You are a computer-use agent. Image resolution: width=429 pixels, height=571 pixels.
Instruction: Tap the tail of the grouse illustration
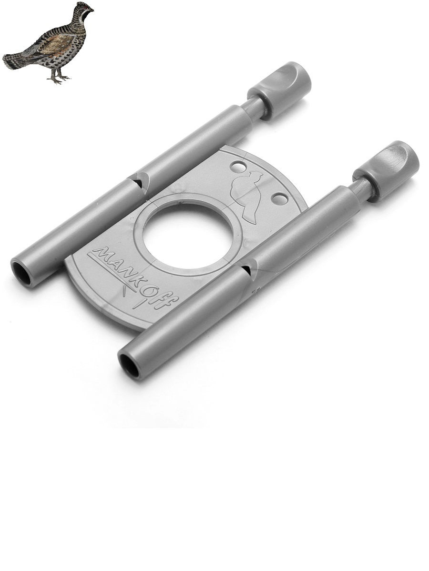coord(14,61)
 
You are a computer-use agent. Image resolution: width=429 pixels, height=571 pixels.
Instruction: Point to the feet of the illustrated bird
coord(58,78)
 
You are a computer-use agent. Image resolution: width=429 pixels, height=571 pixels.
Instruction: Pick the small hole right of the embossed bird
coord(279,199)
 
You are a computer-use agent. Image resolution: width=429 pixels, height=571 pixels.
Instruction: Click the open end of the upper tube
coord(21,274)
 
